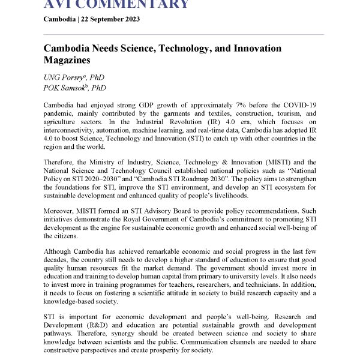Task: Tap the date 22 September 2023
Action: (111, 19)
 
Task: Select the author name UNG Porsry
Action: (64, 77)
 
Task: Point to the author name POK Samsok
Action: (64, 88)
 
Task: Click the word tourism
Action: (280, 113)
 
